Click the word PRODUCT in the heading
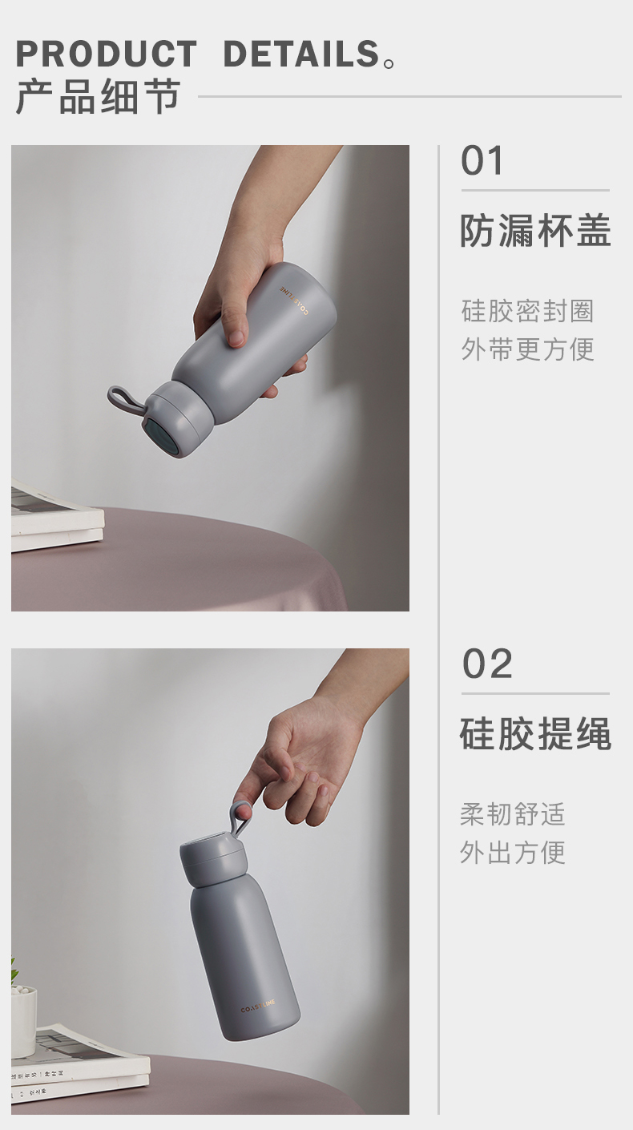tap(106, 54)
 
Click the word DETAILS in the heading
tap(301, 54)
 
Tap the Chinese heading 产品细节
tap(99, 96)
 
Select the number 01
tap(482, 161)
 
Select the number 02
tap(487, 664)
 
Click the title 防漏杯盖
tap(536, 231)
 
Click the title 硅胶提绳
tap(536, 733)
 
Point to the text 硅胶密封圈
tap(527, 311)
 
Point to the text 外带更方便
tap(527, 349)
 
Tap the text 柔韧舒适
tap(513, 814)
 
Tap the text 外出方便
tap(513, 853)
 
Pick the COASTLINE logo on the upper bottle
tap(295, 301)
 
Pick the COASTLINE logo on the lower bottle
tap(258, 1006)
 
